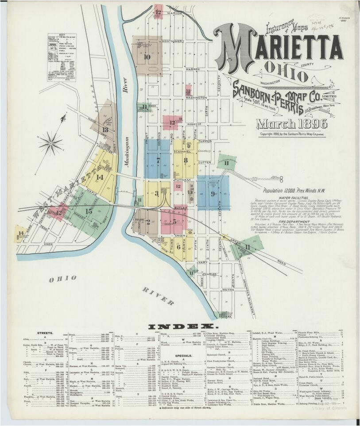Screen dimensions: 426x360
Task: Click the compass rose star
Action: (x=50, y=144)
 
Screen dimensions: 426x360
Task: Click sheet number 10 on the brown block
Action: (x=147, y=57)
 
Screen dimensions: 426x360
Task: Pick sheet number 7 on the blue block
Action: (x=158, y=160)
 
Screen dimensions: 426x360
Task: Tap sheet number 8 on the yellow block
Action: (x=186, y=160)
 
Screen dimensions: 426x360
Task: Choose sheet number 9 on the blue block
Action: (x=213, y=193)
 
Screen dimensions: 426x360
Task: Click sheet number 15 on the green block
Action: (x=89, y=211)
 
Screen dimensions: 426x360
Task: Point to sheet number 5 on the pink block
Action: (x=174, y=221)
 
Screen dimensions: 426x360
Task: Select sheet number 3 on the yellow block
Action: (x=156, y=193)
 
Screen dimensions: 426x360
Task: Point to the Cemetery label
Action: (x=204, y=151)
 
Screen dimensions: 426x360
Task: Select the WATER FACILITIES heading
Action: (x=293, y=198)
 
